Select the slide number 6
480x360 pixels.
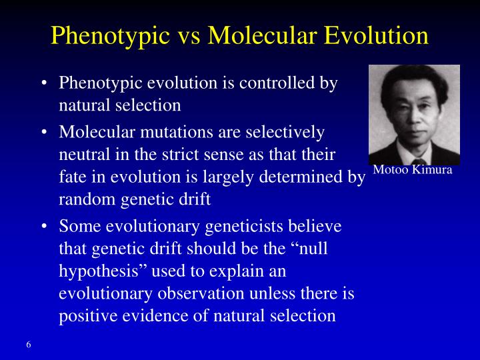click(x=29, y=345)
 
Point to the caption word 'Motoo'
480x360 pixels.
click(x=389, y=170)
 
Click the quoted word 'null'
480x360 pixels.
click(x=311, y=249)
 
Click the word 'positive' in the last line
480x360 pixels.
click(x=83, y=315)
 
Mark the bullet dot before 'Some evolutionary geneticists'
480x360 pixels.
click(x=43, y=227)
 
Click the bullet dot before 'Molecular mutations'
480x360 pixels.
click(x=43, y=132)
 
